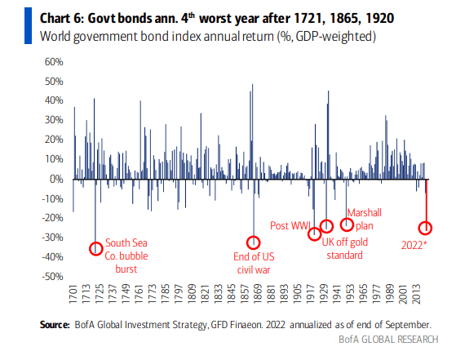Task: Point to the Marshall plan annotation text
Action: pyautogui.click(x=365, y=219)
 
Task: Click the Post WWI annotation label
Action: pyautogui.click(x=290, y=225)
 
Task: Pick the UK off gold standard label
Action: pyautogui.click(x=344, y=248)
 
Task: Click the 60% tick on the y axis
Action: pyautogui.click(x=54, y=62)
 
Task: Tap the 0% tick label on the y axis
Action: pyautogui.click(x=56, y=179)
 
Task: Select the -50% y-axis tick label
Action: pyautogui.click(x=52, y=277)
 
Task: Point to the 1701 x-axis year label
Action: pyautogui.click(x=73, y=295)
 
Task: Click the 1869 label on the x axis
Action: pyautogui.click(x=259, y=295)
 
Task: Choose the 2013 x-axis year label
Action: pyautogui.click(x=417, y=295)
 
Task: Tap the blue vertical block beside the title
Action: pyautogui.click(x=28, y=26)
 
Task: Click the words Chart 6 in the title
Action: pyautogui.click(x=62, y=18)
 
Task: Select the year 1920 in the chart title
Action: pyautogui.click(x=380, y=18)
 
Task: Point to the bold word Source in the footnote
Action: pyautogui.click(x=55, y=325)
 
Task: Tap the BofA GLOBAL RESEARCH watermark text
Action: pyautogui.click(x=388, y=340)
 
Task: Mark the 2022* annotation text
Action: pyautogui.click(x=414, y=245)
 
